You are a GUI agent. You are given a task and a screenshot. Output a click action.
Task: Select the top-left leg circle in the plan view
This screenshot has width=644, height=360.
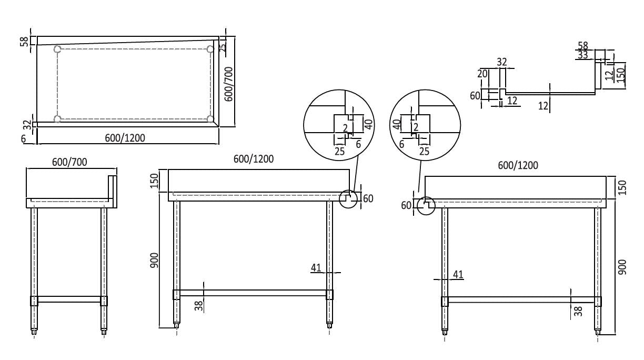[x=57, y=49]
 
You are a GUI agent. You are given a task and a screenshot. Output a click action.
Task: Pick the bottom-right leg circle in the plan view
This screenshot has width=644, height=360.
[x=210, y=119]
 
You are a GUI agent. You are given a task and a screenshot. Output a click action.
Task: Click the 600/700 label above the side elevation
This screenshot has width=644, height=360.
[x=70, y=162]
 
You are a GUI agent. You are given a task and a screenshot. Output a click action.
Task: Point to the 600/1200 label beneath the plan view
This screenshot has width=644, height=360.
[x=125, y=138]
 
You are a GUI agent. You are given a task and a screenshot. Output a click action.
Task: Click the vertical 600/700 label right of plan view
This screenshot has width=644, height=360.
[x=228, y=84]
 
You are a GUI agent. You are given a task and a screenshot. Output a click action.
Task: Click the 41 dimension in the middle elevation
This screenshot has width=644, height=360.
[x=316, y=267]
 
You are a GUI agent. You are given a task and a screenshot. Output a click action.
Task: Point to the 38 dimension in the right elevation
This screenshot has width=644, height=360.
[x=578, y=311]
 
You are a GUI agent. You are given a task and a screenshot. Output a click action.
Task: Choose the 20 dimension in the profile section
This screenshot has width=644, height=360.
[x=482, y=74]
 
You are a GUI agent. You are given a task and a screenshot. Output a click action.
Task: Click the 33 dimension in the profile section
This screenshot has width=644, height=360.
[x=582, y=55]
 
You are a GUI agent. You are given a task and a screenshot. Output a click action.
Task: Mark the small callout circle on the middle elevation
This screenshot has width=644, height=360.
[x=347, y=199]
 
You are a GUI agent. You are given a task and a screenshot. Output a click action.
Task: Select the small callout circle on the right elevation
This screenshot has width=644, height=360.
[x=426, y=206]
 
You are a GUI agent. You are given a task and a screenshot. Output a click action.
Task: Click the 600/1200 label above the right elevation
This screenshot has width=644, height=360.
[x=518, y=165]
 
